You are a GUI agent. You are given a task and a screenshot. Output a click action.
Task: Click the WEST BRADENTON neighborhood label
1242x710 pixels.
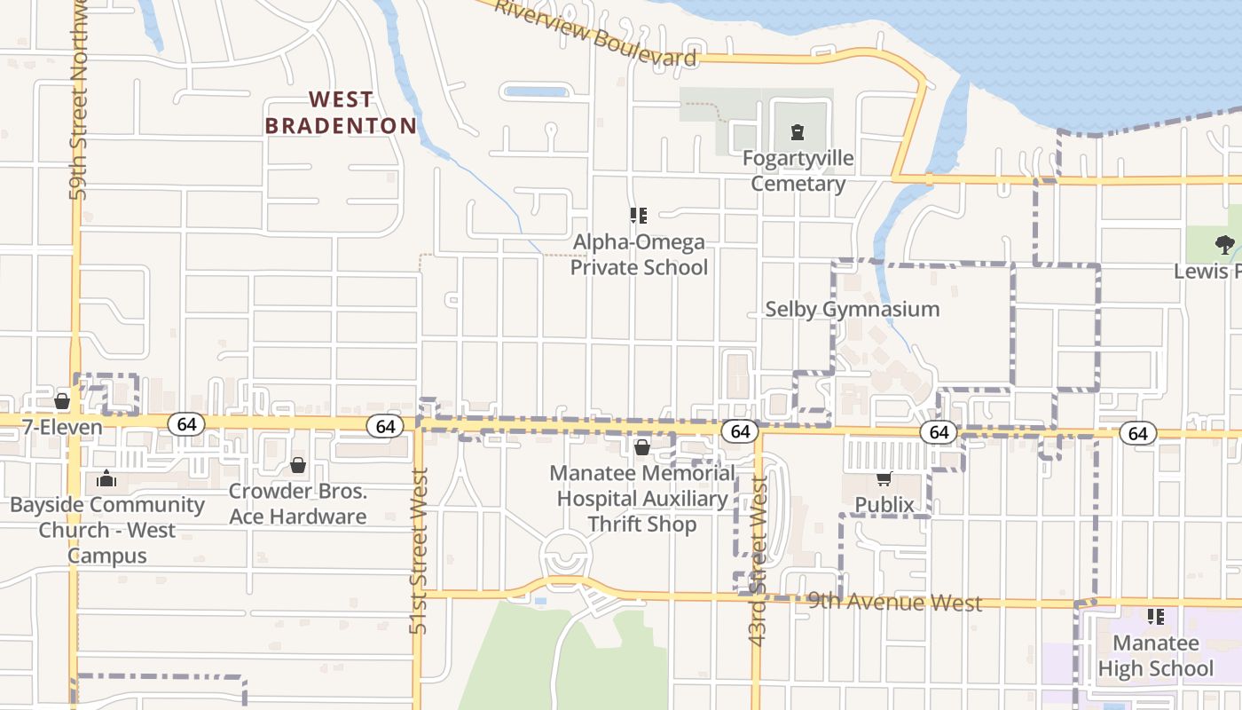click(x=341, y=113)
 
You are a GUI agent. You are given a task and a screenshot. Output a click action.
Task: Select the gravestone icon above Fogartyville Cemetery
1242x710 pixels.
click(x=797, y=133)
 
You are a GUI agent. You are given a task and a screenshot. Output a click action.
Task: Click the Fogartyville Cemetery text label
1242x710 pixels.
click(x=798, y=171)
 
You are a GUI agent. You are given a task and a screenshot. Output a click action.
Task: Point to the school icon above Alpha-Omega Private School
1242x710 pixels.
click(x=638, y=216)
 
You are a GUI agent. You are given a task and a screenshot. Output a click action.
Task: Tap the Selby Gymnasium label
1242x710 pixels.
click(x=852, y=309)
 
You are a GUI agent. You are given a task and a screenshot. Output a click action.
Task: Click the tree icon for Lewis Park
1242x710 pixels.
click(x=1224, y=245)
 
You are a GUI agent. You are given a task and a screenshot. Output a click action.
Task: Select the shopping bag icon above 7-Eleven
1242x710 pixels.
click(x=62, y=401)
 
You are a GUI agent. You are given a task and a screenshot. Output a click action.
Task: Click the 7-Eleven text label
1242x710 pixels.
click(x=62, y=427)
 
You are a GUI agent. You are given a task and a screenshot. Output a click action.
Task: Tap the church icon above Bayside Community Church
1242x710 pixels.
click(x=106, y=480)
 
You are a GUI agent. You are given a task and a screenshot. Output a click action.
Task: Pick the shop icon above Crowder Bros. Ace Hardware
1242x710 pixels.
click(x=298, y=465)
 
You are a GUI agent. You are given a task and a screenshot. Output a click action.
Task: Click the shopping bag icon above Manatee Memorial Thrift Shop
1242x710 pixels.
click(x=641, y=447)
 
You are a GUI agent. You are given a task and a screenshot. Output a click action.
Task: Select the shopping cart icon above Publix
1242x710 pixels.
click(x=884, y=479)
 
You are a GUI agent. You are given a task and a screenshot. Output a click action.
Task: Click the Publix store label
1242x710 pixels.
click(x=884, y=505)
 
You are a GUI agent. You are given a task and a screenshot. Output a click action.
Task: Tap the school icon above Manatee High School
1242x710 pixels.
click(x=1155, y=616)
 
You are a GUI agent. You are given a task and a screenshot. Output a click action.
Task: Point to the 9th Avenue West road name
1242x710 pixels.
click(x=894, y=603)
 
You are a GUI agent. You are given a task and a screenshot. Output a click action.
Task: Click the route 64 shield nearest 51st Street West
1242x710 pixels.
click(x=385, y=427)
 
